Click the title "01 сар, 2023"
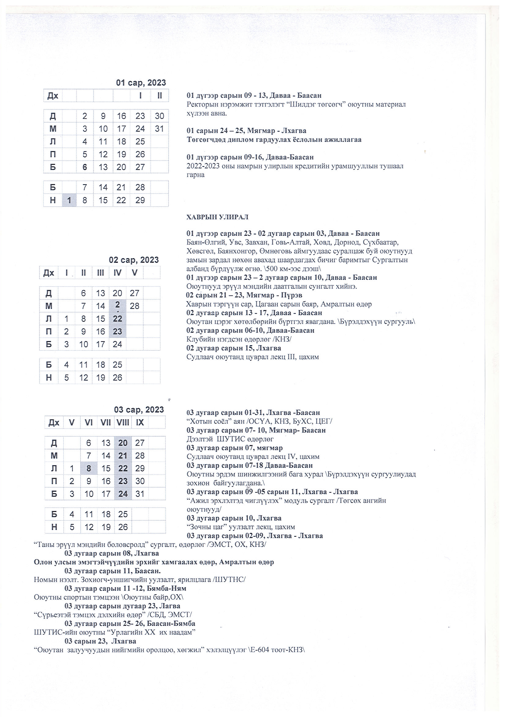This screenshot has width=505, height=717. click(x=141, y=83)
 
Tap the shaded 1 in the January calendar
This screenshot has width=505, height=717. click(x=69, y=200)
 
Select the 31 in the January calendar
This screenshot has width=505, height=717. click(x=159, y=129)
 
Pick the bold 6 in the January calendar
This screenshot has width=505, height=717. click(x=85, y=167)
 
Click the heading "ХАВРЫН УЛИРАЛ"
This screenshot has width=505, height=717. click(x=217, y=217)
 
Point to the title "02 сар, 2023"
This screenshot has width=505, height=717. click(x=134, y=260)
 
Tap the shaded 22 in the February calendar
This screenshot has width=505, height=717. click(x=118, y=319)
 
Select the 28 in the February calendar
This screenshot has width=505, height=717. click(x=134, y=306)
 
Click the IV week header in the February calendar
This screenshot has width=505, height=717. click(x=118, y=273)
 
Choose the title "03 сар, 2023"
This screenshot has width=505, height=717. click(x=139, y=410)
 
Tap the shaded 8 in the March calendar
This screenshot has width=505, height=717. click(x=89, y=468)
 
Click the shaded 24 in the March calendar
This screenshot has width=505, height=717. click(x=123, y=494)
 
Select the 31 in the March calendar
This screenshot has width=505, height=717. click(x=140, y=494)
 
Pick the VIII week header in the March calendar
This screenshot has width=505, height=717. click(x=123, y=423)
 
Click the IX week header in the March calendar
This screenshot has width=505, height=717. click(x=140, y=423)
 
